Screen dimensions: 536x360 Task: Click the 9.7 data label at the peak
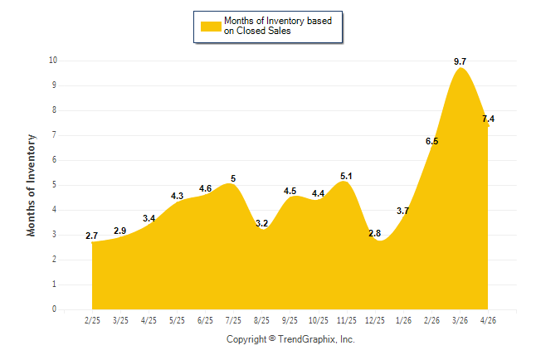click(x=460, y=61)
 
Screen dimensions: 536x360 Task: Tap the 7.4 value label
click(x=488, y=119)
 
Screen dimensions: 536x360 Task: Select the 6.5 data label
click(x=431, y=141)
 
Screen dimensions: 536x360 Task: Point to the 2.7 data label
click(x=91, y=236)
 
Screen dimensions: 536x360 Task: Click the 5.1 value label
click(x=346, y=176)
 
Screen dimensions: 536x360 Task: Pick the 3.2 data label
click(x=262, y=223)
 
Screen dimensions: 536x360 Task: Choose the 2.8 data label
click(x=375, y=233)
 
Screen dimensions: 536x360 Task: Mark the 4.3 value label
click(x=177, y=196)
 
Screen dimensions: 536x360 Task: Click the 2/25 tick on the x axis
click(x=92, y=320)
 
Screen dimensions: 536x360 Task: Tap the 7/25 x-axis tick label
click(x=233, y=320)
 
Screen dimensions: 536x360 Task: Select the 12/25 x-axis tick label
click(x=375, y=320)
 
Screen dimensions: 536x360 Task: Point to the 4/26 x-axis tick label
click(x=488, y=320)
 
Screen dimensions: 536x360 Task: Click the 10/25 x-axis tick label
click(x=319, y=320)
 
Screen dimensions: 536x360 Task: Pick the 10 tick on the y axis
click(x=53, y=61)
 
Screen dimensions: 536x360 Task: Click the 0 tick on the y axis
click(x=55, y=309)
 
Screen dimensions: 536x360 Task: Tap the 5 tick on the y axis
click(x=55, y=185)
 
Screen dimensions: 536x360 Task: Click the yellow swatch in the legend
click(x=211, y=27)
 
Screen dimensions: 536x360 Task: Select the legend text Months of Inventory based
click(x=278, y=21)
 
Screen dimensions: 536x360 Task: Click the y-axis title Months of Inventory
click(x=31, y=185)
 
